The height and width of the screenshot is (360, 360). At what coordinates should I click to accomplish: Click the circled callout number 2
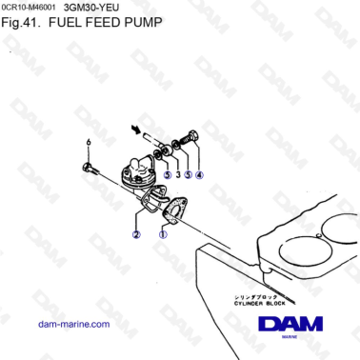pos(136,233)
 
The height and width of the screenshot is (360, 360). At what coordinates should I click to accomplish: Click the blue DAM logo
pos(290,325)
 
